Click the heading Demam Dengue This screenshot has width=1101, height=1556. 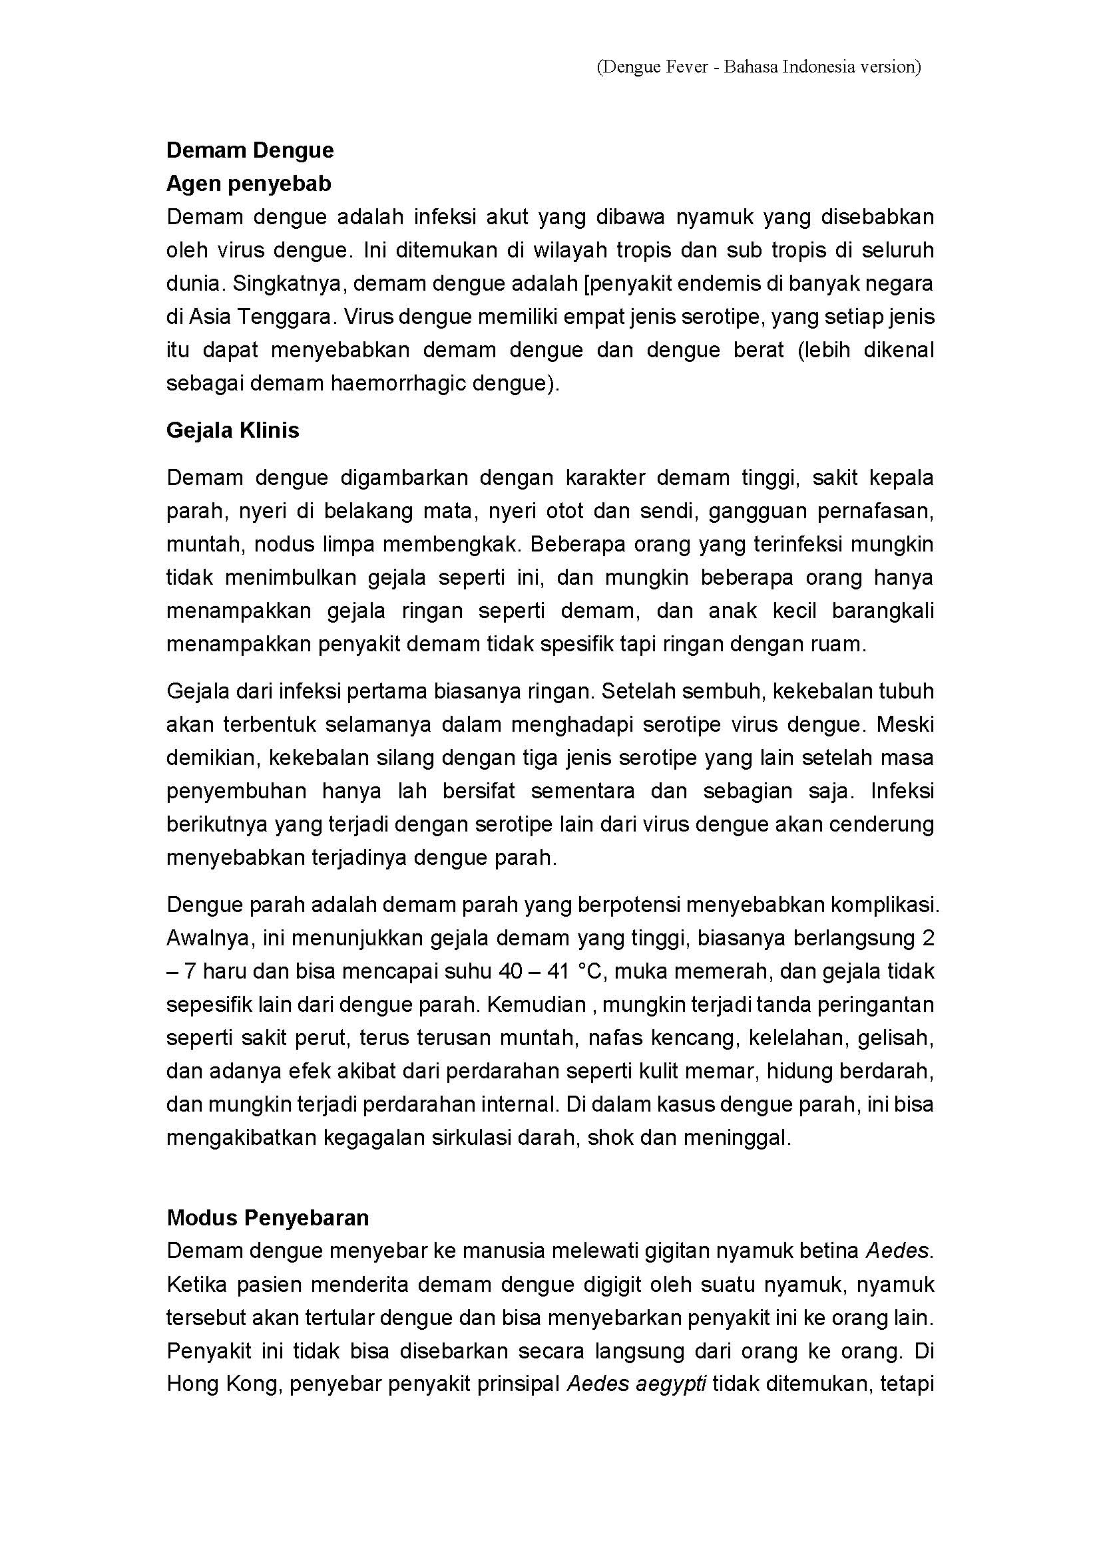250,150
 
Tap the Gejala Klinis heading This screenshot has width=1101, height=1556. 232,430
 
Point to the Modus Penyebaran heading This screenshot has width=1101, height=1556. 268,1218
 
